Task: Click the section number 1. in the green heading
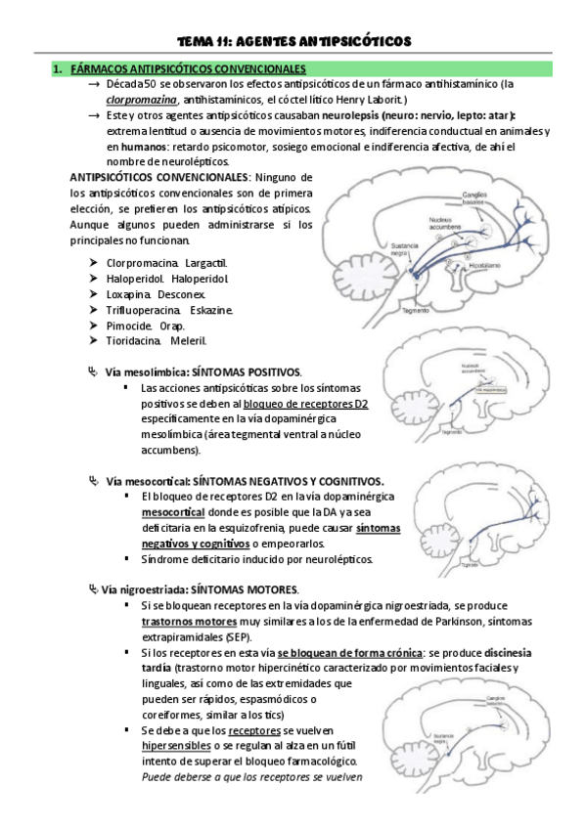pyautogui.click(x=58, y=69)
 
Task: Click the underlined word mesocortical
pyautogui.click(x=172, y=511)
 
